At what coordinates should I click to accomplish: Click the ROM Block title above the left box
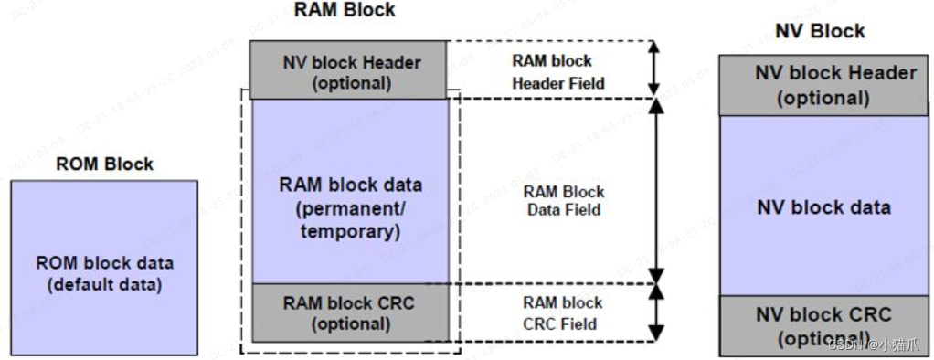point(104,165)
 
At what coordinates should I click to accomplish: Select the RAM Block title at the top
point(345,10)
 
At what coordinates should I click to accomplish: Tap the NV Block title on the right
point(820,31)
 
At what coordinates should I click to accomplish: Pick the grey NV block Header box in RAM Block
point(349,70)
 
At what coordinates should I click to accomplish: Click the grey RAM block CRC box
point(350,312)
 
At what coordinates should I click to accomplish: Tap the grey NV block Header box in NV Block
point(823,85)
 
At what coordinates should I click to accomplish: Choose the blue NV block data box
point(823,206)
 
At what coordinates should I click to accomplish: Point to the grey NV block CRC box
point(823,325)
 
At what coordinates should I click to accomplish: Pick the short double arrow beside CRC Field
point(655,312)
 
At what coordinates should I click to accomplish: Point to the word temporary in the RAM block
point(350,232)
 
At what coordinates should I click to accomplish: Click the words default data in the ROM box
point(104,284)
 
